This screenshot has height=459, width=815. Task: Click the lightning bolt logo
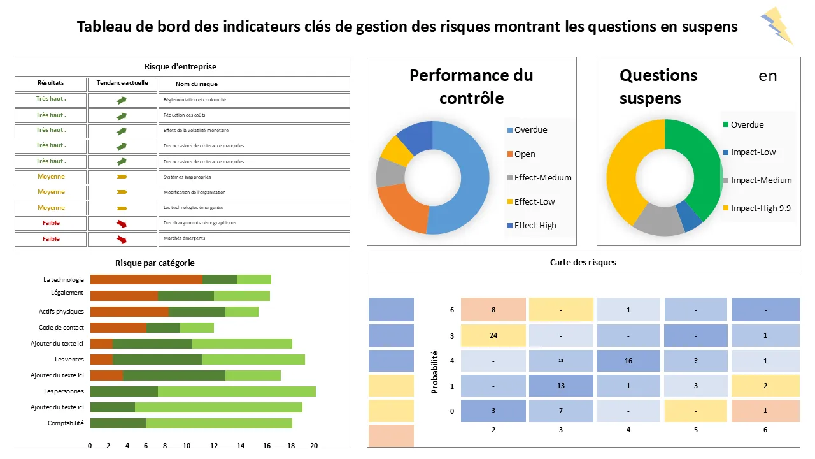click(777, 25)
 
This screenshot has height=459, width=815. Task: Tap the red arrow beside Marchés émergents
click(122, 239)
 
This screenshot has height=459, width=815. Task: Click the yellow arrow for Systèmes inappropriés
click(122, 177)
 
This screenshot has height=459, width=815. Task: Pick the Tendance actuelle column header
click(122, 84)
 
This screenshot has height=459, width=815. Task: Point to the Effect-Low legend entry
click(534, 202)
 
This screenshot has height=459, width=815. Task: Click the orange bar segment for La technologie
click(146, 279)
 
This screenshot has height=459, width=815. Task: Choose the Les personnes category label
click(64, 391)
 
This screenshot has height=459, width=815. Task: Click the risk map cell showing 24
click(493, 336)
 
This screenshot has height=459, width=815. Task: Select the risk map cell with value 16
click(628, 360)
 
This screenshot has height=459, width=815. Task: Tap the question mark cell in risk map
click(696, 360)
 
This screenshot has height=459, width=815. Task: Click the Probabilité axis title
click(435, 372)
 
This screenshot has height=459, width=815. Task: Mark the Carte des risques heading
click(583, 262)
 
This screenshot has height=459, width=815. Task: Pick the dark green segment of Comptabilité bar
click(118, 423)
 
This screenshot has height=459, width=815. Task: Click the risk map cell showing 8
click(493, 310)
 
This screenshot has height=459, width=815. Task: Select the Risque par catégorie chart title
click(155, 263)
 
